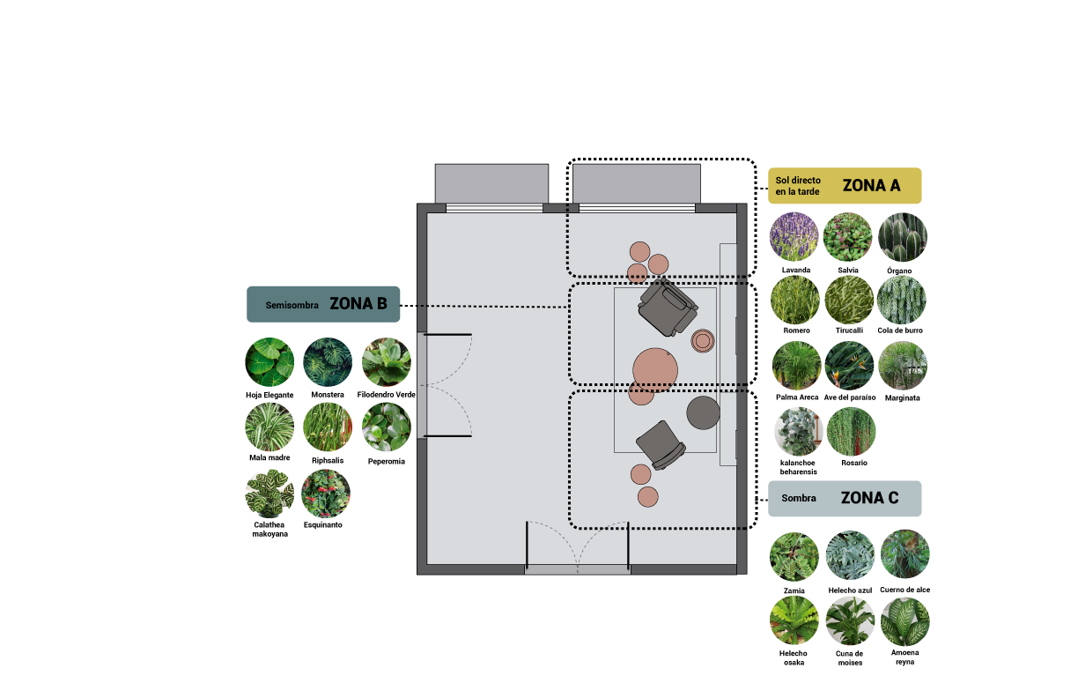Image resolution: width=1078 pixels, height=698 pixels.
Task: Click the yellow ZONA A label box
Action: click(x=845, y=185)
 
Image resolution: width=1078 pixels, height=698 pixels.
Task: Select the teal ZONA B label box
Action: click(x=323, y=304)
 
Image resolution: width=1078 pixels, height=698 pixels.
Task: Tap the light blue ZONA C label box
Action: click(x=845, y=499)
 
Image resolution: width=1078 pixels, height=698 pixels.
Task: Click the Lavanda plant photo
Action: click(x=794, y=237)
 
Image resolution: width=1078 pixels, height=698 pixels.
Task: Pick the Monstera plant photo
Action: click(x=328, y=361)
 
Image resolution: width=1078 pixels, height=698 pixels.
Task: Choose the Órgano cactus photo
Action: click(x=903, y=237)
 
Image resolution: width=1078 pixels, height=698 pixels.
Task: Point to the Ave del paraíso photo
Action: click(x=849, y=366)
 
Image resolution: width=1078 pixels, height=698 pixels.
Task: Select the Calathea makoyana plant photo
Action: click(x=269, y=494)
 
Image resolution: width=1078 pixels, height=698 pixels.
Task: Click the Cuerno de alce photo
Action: click(x=905, y=554)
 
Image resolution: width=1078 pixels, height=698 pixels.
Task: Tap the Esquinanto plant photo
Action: click(x=326, y=494)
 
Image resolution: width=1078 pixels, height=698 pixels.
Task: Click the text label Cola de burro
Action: click(x=900, y=330)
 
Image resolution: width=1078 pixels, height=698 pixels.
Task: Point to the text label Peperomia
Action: click(x=387, y=462)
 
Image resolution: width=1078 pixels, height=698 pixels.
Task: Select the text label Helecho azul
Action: click(x=850, y=590)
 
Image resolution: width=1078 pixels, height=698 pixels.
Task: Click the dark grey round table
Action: click(x=703, y=412)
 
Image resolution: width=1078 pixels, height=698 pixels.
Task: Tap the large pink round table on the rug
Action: click(x=655, y=370)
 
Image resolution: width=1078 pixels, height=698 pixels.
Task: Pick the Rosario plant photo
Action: click(x=852, y=432)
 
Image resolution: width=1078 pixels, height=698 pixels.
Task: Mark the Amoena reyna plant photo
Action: click(x=905, y=621)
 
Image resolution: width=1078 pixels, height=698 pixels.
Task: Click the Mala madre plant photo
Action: click(x=269, y=427)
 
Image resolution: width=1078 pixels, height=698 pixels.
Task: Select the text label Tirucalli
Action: click(x=849, y=330)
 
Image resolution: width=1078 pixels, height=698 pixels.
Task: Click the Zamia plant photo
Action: click(x=794, y=556)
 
